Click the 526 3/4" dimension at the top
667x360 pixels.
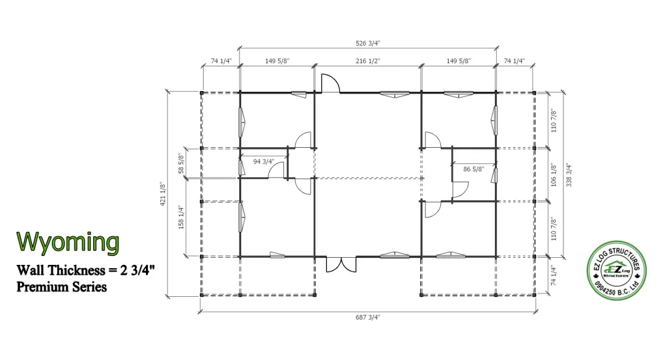click(x=367, y=43)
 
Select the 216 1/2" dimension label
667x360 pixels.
click(x=368, y=61)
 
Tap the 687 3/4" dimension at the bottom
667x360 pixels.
click(x=367, y=317)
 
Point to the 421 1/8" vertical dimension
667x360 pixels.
click(x=163, y=194)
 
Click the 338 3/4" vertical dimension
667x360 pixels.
click(x=569, y=174)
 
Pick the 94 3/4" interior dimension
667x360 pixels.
click(x=264, y=161)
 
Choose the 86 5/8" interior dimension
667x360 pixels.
click(x=474, y=169)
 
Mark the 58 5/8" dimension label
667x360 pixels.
click(x=181, y=163)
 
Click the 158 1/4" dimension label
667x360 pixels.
click(x=181, y=217)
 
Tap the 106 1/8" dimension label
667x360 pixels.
click(x=554, y=174)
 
